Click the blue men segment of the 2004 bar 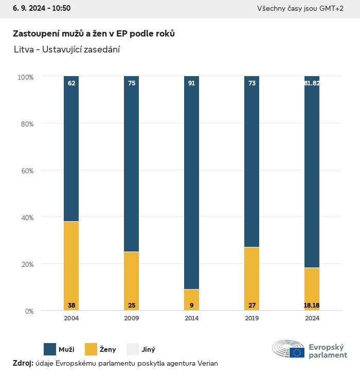pos(71,149)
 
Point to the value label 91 pos(191,83)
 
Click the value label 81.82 pos(312,83)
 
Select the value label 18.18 pos(312,306)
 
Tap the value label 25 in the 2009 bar pos(132,306)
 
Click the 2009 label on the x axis pos(132,318)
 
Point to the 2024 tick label pos(312,318)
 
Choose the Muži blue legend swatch pos(49,349)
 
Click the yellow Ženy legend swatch pos(91,349)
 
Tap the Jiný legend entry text pos(148,350)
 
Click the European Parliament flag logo pos(297,352)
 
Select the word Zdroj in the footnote pos(23,364)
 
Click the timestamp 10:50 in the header pos(61,8)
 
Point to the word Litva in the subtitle pos(24,49)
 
